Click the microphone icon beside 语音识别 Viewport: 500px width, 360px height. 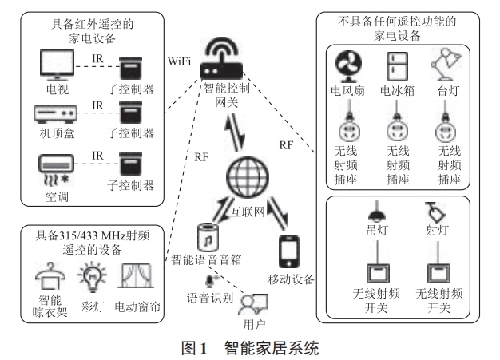(212, 281)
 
